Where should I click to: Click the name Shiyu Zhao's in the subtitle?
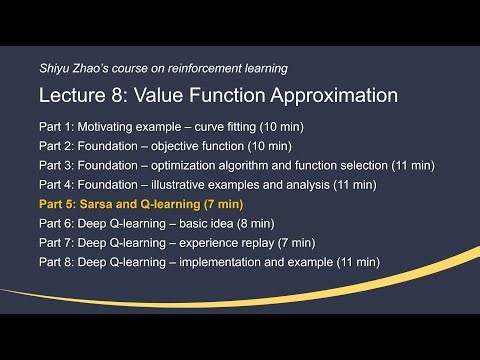(73, 68)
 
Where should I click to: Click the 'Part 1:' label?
(56, 127)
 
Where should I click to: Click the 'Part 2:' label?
(56, 146)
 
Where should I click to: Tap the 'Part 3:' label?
(56, 165)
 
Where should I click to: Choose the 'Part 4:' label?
(56, 184)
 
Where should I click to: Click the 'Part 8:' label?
(56, 262)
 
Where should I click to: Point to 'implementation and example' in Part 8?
(250, 262)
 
